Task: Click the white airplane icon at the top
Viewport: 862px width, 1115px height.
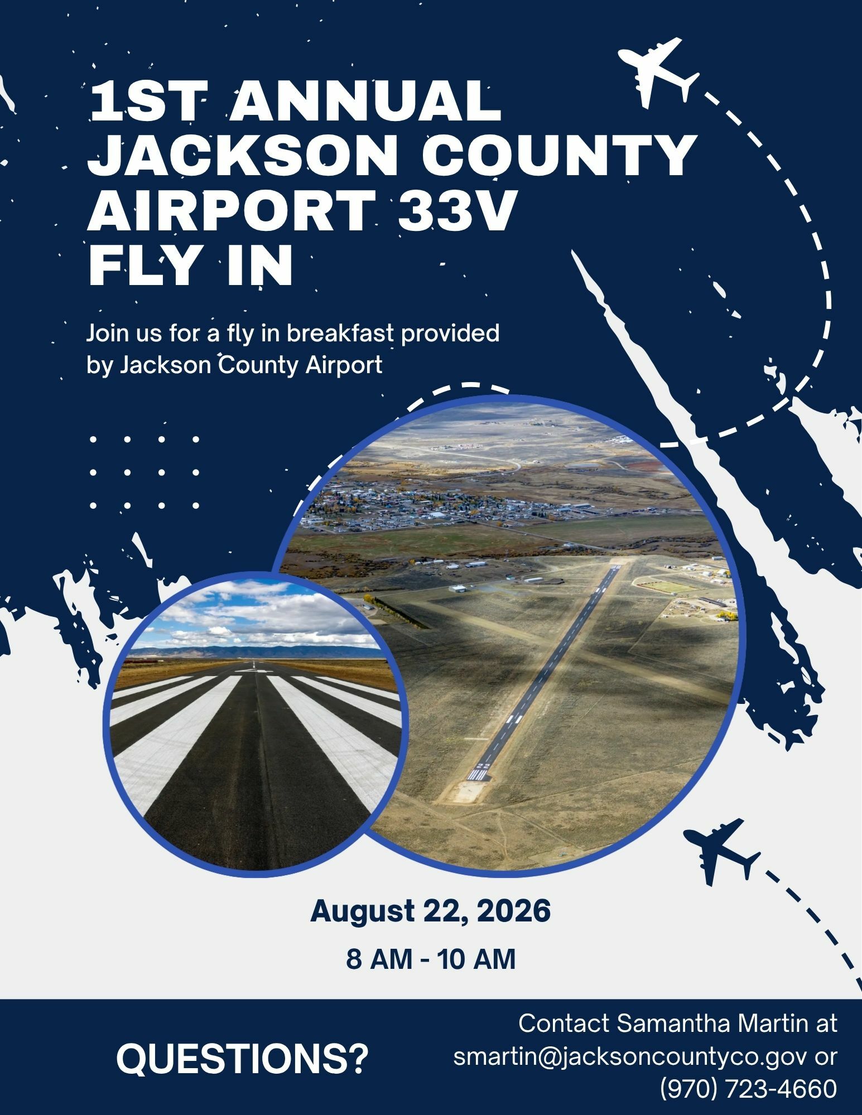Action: pyautogui.click(x=657, y=71)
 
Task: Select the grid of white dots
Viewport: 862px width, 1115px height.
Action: pyautogui.click(x=145, y=472)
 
